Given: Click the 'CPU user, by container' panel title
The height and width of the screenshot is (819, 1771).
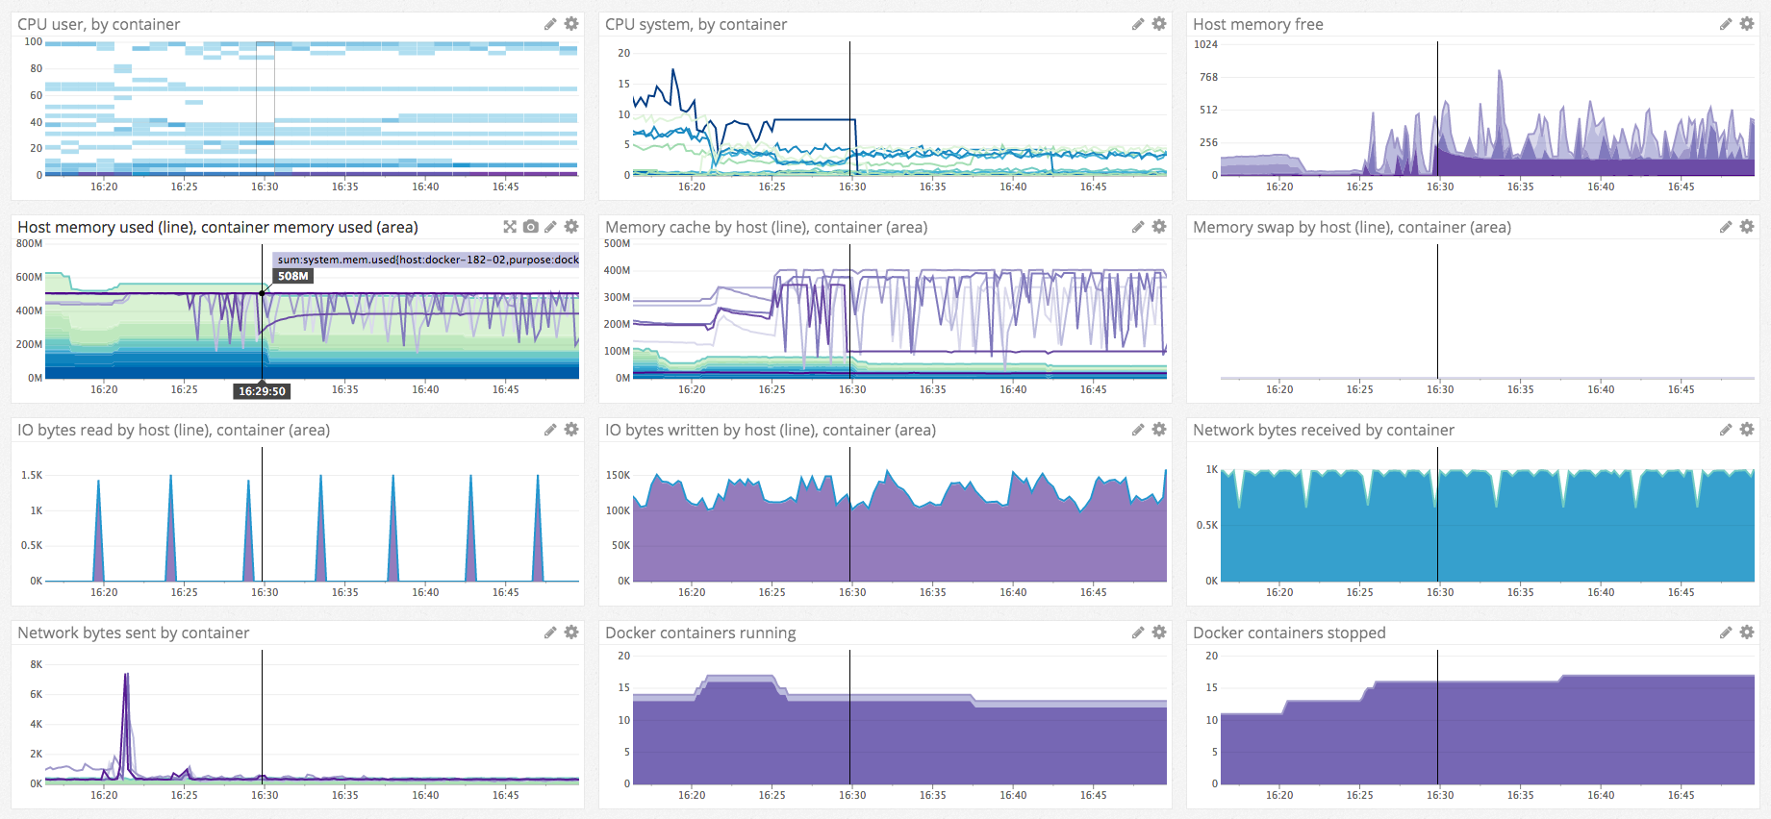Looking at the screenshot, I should pos(98,24).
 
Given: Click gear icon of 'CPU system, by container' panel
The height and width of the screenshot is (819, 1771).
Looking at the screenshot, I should pos(1159,23).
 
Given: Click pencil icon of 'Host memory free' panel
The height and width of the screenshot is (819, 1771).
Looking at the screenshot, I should pos(1726,23).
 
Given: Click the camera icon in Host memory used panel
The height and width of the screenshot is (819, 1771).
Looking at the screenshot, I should pos(531,227).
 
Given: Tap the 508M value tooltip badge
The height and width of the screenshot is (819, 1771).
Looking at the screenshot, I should pos(293,276).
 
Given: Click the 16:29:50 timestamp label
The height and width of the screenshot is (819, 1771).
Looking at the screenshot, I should pos(262,391).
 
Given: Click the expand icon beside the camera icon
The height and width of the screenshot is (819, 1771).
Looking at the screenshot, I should pos(510,227).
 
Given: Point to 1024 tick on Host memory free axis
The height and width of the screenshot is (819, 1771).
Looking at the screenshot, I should pos(1205,44).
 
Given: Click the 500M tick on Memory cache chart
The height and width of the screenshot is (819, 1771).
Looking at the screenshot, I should pos(617,243).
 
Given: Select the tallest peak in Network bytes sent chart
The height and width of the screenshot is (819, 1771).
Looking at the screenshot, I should pos(126,675).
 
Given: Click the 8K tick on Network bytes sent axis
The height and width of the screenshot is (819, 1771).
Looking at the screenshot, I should pos(37,664).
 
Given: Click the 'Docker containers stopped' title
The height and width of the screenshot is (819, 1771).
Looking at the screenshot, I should pos(1289,633).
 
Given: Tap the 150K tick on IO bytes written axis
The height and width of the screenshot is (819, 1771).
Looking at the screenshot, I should pos(618,475).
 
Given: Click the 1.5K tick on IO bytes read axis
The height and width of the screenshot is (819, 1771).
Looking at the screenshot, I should pos(32,475).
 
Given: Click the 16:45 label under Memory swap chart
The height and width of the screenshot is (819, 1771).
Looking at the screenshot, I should pos(1681,389).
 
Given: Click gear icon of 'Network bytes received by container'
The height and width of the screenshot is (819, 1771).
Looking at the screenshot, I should pos(1747,430).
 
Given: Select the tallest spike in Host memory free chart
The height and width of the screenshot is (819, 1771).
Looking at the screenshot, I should pos(1500,71).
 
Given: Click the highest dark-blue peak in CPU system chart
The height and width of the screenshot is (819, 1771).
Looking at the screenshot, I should pos(673,69).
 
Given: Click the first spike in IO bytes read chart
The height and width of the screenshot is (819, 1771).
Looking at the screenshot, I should pos(98,481).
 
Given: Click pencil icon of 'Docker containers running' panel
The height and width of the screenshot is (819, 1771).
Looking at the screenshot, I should pos(1138,633).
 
